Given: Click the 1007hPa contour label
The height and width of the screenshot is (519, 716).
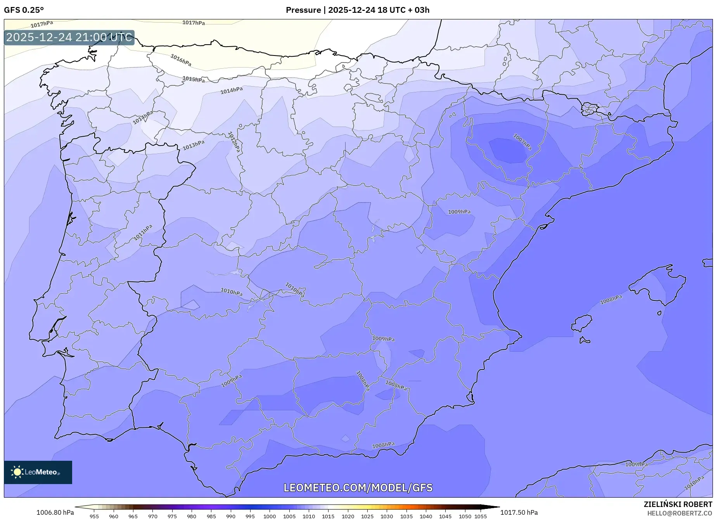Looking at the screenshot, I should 522,142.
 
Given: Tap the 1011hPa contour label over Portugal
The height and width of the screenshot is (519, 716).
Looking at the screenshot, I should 143,232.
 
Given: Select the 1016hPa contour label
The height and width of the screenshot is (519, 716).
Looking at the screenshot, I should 181,60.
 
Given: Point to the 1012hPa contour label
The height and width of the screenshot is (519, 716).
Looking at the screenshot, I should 234,142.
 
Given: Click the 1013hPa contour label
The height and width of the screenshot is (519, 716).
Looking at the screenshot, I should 194,145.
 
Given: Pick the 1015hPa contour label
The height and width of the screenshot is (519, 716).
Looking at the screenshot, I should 194,79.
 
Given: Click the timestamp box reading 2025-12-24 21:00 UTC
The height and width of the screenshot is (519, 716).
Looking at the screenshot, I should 69,37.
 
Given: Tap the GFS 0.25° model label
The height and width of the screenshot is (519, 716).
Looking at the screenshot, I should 24,10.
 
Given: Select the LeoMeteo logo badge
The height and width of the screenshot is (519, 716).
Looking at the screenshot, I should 38,472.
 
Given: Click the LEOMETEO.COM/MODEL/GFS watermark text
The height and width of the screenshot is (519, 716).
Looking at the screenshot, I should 358,488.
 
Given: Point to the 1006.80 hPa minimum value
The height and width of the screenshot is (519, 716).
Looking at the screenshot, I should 55,512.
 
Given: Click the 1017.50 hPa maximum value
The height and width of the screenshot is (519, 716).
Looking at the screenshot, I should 519,512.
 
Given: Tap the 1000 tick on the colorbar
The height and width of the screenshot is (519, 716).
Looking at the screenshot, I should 270,516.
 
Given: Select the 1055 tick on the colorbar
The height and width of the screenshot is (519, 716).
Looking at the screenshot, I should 481,516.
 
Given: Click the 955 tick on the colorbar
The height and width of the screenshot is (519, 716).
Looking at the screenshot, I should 94,516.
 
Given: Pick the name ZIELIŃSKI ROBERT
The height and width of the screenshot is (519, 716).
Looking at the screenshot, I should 678,505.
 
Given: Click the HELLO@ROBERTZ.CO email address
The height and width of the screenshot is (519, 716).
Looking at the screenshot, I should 680,513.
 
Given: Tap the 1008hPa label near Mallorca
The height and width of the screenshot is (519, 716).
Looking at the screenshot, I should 611,300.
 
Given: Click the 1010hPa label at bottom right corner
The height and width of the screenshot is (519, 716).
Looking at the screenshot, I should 694,483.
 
